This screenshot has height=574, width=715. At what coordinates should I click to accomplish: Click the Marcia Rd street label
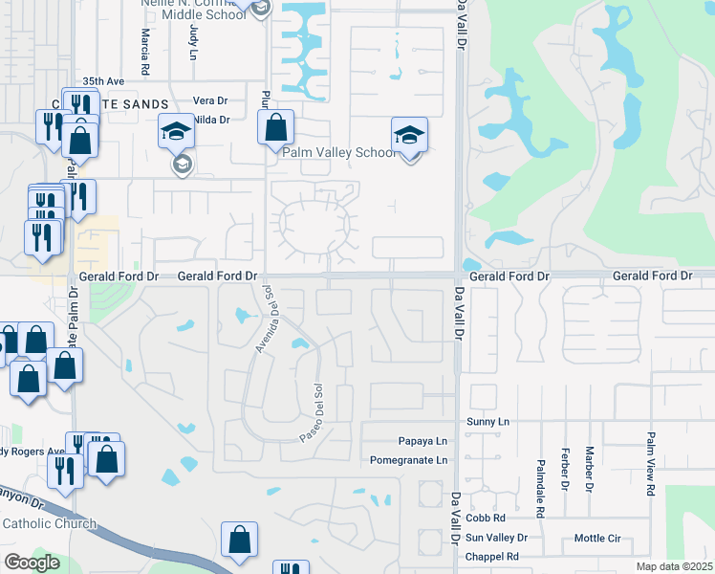(x=144, y=52)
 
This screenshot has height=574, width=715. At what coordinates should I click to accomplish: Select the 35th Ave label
(x=104, y=82)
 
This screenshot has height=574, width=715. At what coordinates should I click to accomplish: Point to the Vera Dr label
(x=211, y=100)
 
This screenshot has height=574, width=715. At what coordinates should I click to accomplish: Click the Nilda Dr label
(x=211, y=120)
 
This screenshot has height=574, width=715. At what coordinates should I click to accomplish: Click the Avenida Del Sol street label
(x=263, y=320)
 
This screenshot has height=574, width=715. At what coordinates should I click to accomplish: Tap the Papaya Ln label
(x=422, y=441)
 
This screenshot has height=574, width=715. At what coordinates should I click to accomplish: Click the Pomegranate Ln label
(x=409, y=460)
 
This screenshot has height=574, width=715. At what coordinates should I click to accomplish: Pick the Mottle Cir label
(x=598, y=538)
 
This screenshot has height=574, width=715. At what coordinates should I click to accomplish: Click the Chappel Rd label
(x=492, y=557)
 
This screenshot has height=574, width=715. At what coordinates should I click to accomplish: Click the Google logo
(x=32, y=562)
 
